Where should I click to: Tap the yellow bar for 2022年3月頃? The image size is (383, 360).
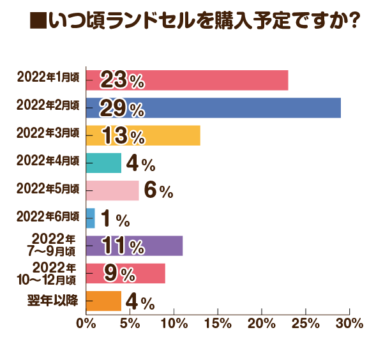point(166,135)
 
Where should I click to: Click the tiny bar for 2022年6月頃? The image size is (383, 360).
point(90,218)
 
